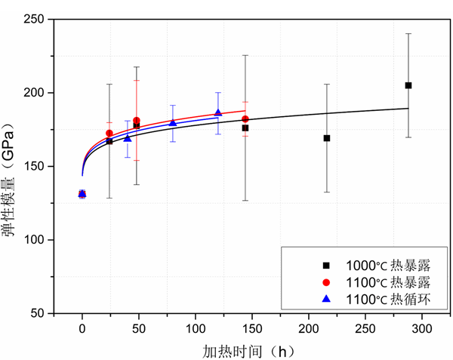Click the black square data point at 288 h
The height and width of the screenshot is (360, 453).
pos(408,85)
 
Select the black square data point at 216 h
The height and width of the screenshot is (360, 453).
pos(327,138)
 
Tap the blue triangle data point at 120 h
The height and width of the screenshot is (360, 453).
pos(218,112)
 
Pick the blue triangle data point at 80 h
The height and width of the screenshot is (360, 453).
pos(173,122)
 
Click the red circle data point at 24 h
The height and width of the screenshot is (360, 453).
pos(109,134)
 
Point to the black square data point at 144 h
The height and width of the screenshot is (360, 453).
pos(245,128)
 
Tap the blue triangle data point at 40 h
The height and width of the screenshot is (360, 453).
pos(128,138)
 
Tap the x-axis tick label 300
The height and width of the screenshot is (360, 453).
pos(422,329)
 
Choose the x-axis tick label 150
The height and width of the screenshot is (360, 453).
pos(252,329)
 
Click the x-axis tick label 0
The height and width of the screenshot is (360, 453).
pos(82,329)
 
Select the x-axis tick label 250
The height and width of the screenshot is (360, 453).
pos(365,329)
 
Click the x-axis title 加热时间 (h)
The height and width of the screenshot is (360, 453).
pos(248,350)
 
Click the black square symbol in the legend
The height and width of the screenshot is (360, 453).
pos(326,265)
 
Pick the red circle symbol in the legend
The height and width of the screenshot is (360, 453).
pos(326,282)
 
